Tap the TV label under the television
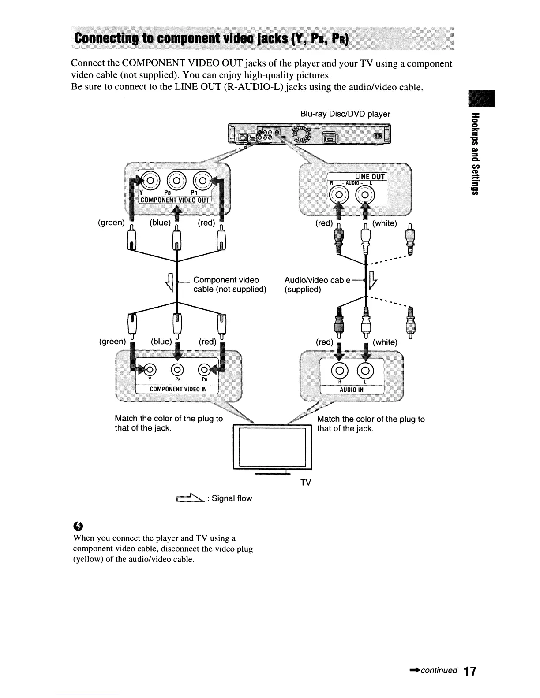305,483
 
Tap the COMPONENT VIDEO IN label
178,389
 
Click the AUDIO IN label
351,390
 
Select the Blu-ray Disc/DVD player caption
345,114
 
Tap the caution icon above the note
78,525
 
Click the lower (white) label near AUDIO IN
385,342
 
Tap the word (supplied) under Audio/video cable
303,290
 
